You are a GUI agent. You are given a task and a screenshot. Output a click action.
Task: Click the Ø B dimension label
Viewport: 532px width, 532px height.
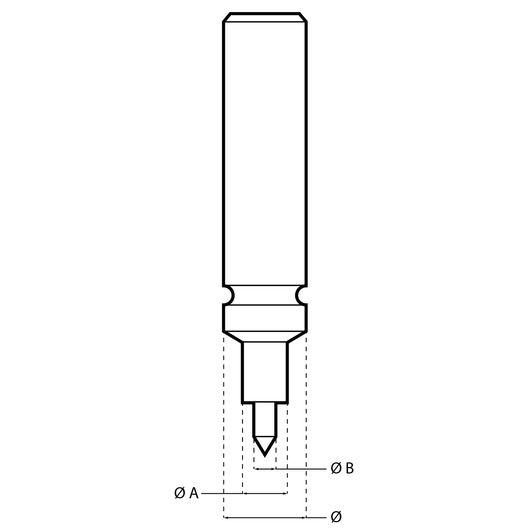[342, 468]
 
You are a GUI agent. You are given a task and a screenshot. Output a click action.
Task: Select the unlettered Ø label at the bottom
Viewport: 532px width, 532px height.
[336, 517]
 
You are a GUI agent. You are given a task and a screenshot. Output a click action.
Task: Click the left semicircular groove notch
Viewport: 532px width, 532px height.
[228, 295]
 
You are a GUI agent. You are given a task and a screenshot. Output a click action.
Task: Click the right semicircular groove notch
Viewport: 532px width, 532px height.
[301, 295]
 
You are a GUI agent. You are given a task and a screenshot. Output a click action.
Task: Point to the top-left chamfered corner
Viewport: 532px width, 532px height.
[227, 17]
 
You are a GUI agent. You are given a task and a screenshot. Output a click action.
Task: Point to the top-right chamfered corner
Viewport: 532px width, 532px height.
[303, 17]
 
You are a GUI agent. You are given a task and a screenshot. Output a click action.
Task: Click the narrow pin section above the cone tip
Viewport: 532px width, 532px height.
[265, 419]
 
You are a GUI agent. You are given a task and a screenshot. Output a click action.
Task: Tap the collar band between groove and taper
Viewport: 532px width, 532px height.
[265, 318]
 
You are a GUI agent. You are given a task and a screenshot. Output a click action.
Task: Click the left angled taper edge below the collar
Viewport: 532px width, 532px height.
[233, 336]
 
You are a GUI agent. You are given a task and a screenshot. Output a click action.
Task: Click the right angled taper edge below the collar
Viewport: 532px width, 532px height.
[297, 336]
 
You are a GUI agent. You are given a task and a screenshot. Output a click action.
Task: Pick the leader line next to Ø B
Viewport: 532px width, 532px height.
[301, 469]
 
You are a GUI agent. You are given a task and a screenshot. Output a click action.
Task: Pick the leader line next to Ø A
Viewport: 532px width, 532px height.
[222, 493]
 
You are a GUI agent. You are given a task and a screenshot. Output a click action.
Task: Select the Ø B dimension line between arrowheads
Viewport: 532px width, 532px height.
[265, 469]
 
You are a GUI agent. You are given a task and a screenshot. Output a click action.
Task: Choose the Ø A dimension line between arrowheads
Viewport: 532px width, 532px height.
[265, 493]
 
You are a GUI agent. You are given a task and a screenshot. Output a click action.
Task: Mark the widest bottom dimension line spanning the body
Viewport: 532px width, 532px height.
[265, 517]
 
